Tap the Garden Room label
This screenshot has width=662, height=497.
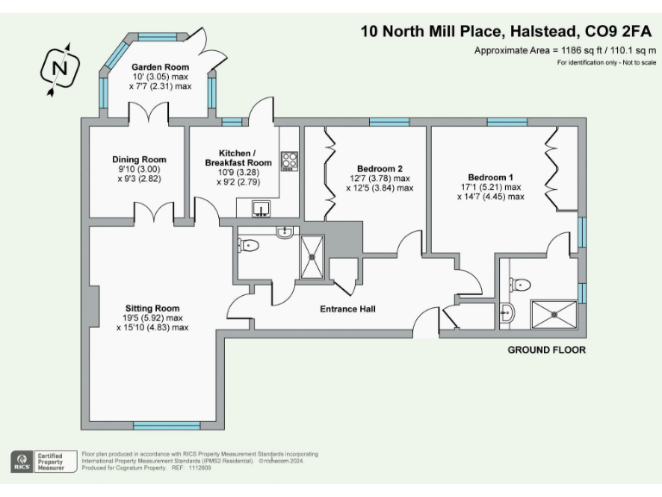(160, 67)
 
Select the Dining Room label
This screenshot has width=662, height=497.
(139, 160)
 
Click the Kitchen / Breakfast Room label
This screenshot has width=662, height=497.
(238, 158)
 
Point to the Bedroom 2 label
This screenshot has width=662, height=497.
(379, 169)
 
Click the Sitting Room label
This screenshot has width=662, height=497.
(152, 308)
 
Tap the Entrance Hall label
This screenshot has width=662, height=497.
(347, 309)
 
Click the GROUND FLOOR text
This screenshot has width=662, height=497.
(546, 350)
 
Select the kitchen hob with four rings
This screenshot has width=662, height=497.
(290, 161)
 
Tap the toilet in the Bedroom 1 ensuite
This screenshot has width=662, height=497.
(521, 285)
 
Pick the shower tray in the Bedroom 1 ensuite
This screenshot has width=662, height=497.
(551, 313)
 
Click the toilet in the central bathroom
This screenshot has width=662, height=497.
(250, 246)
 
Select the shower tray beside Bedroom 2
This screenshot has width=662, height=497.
(312, 257)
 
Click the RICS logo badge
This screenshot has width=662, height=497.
(20, 461)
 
